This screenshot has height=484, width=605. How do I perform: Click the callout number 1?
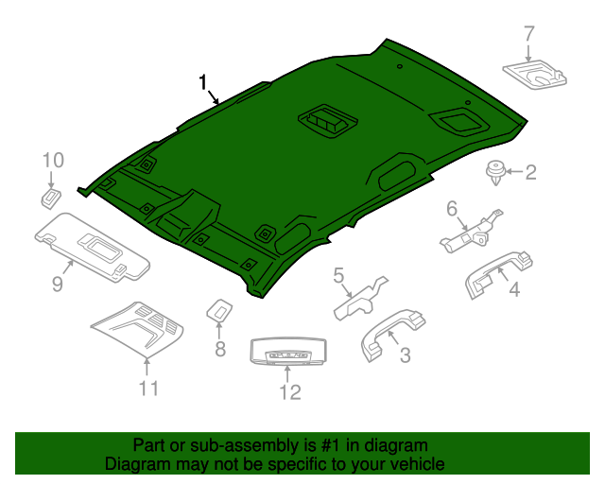tap(202, 82)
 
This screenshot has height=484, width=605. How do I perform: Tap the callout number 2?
tap(530, 171)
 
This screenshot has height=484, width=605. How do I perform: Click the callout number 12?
tap(288, 391)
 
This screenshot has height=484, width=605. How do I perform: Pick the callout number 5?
tap(338, 275)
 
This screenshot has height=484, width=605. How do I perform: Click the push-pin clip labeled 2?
tap(493, 173)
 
